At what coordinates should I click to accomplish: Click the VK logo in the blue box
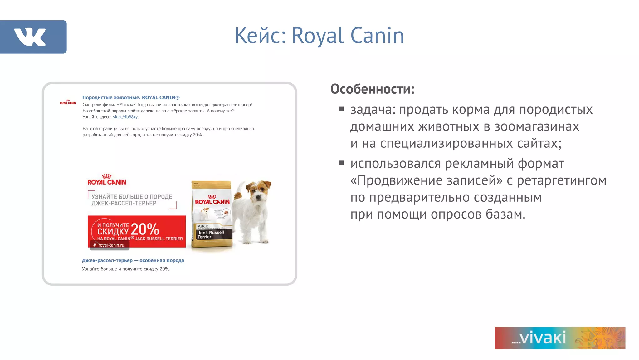[30, 37]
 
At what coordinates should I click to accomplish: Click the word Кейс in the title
[260, 36]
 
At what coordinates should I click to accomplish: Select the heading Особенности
[373, 89]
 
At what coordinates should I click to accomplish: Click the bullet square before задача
[341, 109]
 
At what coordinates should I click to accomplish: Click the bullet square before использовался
[341, 163]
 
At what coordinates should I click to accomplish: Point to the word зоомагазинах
[536, 126]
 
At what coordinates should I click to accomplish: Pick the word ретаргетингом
[562, 180]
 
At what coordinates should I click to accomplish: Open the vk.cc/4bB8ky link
[125, 117]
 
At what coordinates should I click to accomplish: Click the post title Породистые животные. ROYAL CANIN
[131, 98]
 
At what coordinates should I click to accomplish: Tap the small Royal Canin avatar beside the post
[68, 102]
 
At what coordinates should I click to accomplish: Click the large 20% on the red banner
[145, 229]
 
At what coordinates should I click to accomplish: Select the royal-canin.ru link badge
[110, 245]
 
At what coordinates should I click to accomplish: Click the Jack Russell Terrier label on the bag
[211, 234]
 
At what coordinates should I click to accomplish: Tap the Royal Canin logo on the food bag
[212, 200]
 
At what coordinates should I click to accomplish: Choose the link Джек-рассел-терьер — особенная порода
[133, 260]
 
